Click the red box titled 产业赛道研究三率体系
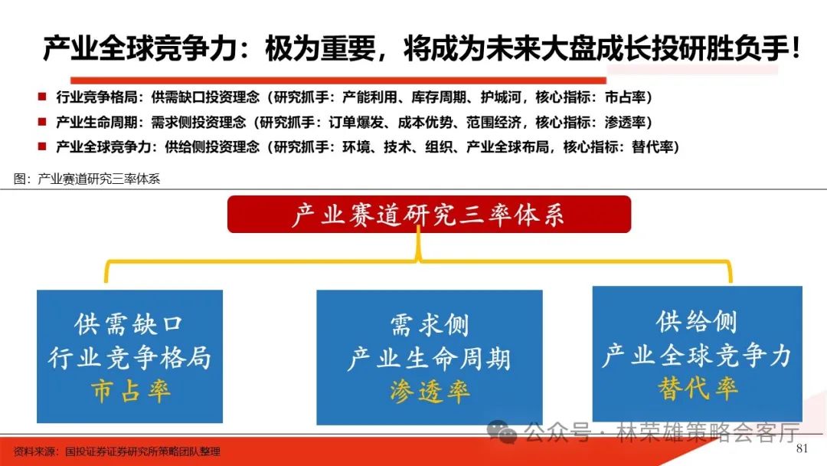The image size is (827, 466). (x=429, y=215)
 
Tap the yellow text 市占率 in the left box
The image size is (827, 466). (x=129, y=391)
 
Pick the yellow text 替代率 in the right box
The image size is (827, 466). (x=697, y=388)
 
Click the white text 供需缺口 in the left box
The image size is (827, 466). (x=129, y=324)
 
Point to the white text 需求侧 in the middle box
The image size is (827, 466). (x=429, y=326)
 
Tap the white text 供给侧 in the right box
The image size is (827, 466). (x=697, y=321)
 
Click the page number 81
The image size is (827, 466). (x=802, y=448)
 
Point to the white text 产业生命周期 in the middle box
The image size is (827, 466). (x=429, y=359)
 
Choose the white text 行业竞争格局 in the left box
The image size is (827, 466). (x=129, y=357)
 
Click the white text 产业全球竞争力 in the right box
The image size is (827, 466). (x=697, y=355)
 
